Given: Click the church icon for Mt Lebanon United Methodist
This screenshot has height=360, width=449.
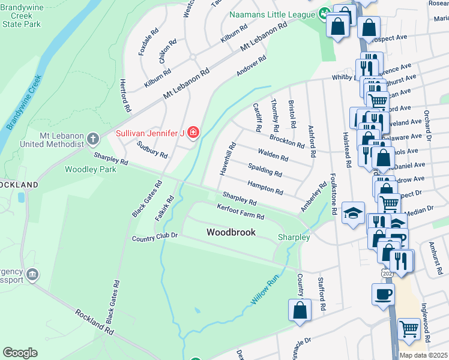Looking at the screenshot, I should click(x=92, y=139).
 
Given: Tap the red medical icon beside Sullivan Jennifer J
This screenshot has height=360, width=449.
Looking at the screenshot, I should click(x=193, y=132).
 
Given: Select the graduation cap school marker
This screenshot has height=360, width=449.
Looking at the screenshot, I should click(x=353, y=212).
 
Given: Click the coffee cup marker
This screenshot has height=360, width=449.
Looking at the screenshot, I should click(x=384, y=295).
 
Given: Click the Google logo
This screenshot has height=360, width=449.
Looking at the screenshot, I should click(x=20, y=353).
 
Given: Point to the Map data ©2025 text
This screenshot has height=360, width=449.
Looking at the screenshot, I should click(x=423, y=355).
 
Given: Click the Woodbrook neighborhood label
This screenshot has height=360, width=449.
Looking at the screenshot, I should click(x=231, y=232).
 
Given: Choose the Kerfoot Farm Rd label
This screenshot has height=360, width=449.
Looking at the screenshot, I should click(x=241, y=211).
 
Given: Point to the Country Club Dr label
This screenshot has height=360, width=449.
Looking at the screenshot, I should click(x=155, y=238).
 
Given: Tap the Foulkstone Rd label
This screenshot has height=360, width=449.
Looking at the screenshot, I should click(x=333, y=190).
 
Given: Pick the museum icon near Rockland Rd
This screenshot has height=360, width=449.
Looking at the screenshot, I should click(x=32, y=275).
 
